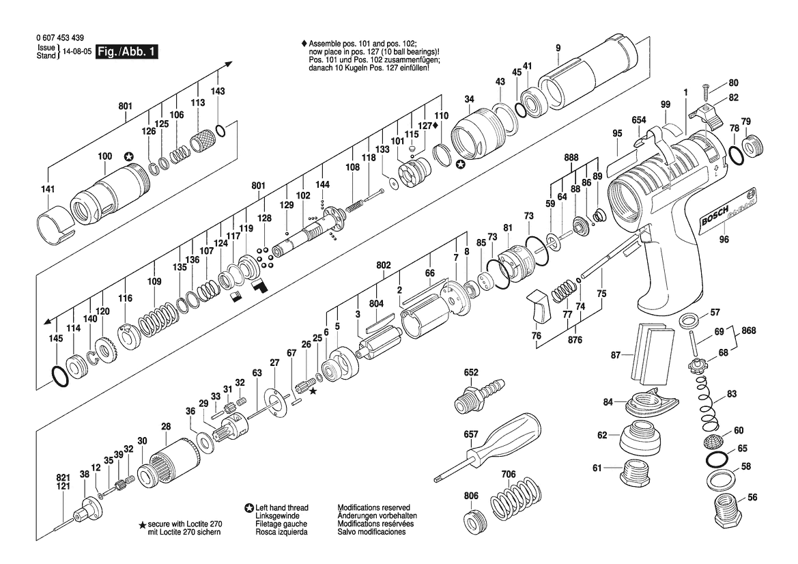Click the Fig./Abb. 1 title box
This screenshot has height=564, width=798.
click(127, 51)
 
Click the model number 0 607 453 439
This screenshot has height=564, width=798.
click(61, 38)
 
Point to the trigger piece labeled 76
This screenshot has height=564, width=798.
click(539, 305)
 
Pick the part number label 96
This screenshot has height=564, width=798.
click(724, 239)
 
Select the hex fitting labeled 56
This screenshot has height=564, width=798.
click(730, 511)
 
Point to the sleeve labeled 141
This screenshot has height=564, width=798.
click(57, 225)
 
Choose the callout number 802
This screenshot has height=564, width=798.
click(383, 265)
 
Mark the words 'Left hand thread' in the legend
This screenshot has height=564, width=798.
click(282, 507)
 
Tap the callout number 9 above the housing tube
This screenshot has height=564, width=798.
click(558, 48)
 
